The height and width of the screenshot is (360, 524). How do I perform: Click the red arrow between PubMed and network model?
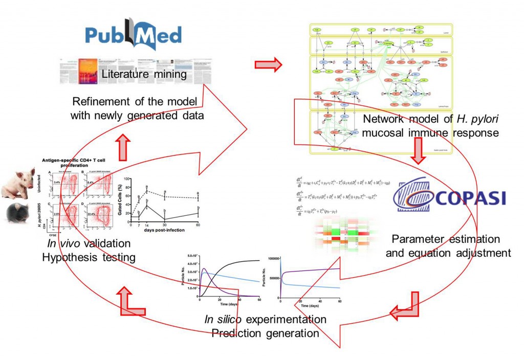click(x=268, y=65)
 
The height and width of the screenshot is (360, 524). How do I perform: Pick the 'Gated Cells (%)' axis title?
click(x=120, y=198)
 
